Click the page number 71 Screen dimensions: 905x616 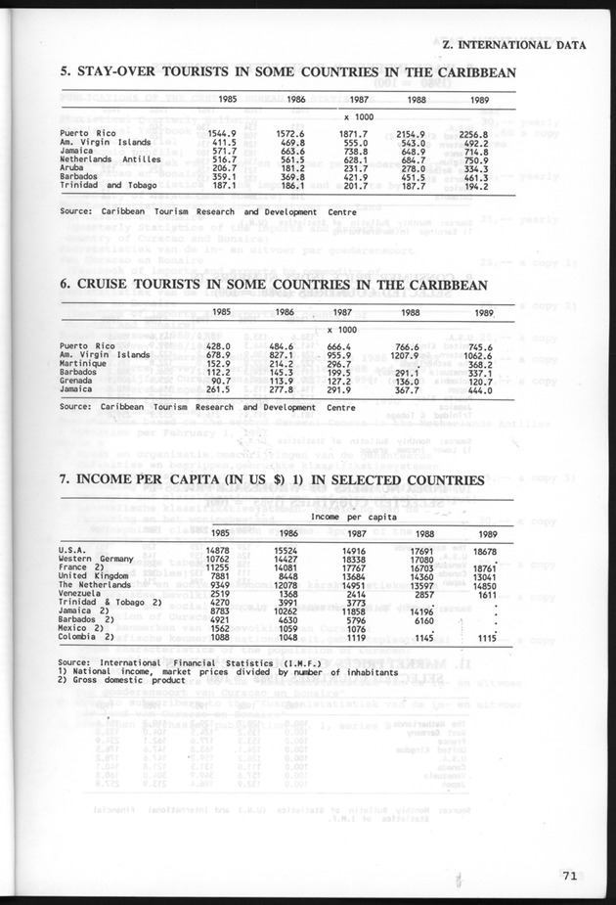[x=569, y=877]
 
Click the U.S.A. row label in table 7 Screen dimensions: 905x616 [x=74, y=550]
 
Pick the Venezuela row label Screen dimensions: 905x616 [x=82, y=593]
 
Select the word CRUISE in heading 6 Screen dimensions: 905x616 [x=110, y=286]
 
